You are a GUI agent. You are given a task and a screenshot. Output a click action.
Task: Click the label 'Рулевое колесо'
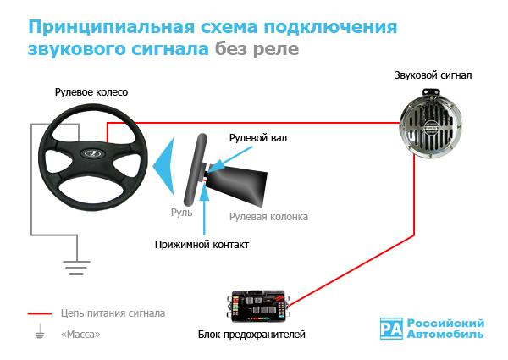click(91, 92)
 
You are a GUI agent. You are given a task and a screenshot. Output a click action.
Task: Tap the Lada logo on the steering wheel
click(93, 153)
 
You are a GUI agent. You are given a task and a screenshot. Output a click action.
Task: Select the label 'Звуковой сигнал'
click(433, 75)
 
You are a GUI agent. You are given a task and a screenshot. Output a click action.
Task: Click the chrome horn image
click(431, 124)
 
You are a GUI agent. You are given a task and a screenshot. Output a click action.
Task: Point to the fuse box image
click(260, 307)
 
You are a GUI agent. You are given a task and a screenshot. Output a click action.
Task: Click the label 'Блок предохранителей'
click(251, 334)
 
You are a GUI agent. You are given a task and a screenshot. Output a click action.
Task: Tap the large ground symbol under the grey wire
click(76, 268)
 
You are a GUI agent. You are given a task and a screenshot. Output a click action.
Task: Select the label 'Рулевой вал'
click(258, 138)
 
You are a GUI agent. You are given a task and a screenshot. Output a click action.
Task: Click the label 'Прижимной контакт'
click(202, 244)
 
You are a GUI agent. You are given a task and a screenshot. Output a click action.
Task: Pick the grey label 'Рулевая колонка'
click(268, 217)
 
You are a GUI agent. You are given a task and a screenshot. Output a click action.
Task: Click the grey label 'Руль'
click(182, 213)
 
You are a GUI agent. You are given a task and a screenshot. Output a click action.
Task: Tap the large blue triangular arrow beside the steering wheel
click(163, 166)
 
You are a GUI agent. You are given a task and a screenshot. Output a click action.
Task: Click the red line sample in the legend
click(40, 313)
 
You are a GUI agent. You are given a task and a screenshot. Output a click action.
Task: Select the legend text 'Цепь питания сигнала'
click(113, 313)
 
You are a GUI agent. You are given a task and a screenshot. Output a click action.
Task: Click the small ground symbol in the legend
click(40, 331)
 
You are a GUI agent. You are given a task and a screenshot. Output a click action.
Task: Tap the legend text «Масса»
click(80, 334)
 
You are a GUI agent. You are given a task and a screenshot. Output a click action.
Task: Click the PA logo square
click(391, 329)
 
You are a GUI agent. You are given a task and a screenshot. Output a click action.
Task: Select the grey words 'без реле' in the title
click(257, 49)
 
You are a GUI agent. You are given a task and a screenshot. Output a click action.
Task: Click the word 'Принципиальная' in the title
click(111, 26)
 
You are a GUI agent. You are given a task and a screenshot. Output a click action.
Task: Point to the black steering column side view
click(236, 186)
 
